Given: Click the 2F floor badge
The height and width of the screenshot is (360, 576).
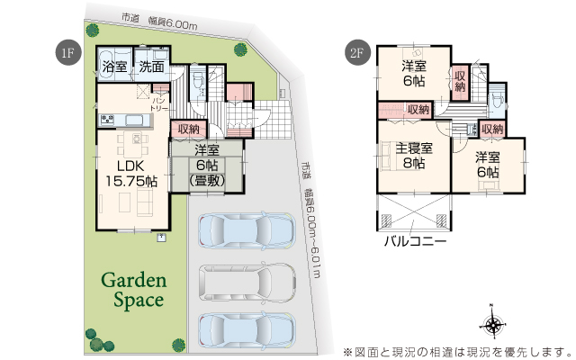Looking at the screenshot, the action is (x=355, y=51).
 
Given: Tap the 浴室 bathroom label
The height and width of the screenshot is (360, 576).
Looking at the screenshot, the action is (x=114, y=67).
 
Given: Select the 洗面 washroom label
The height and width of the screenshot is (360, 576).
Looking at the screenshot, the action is (x=150, y=67).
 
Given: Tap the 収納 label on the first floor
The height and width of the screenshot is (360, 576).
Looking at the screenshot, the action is (x=188, y=130).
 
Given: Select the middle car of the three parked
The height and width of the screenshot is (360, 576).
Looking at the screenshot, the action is (x=246, y=284).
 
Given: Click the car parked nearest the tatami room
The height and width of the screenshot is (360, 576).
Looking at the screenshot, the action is (x=246, y=233).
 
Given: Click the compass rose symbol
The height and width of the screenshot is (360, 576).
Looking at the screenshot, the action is (x=492, y=325).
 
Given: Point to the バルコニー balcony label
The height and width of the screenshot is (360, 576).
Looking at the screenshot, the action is (x=416, y=241).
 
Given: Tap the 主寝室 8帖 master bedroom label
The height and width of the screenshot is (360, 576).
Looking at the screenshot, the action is (x=414, y=157).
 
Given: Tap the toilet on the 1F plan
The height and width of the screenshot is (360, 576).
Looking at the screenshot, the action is (x=198, y=77).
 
